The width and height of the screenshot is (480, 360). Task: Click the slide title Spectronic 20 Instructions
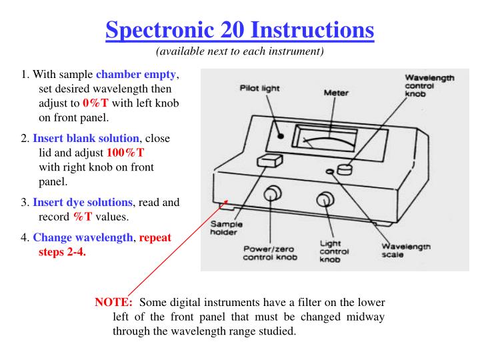coord(240,30)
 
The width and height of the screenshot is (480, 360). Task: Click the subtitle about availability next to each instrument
coord(240,52)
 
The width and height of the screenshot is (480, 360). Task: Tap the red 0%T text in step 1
coord(95,103)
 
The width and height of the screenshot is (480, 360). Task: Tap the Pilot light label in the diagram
coord(259,87)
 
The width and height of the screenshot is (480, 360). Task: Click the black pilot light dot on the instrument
coord(281,135)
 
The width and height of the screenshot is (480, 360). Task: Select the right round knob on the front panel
coord(325,199)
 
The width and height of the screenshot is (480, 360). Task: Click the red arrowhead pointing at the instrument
coord(227,201)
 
